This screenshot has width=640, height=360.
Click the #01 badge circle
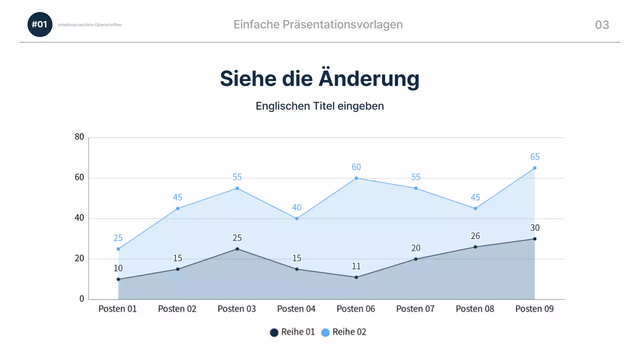[x=39, y=24]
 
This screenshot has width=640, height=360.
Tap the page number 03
[x=601, y=25]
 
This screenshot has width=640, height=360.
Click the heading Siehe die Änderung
[x=319, y=78]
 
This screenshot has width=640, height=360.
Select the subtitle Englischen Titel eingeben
[x=319, y=106]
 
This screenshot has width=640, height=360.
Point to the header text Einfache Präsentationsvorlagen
[x=318, y=24]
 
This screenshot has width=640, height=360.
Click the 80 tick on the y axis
[x=79, y=137]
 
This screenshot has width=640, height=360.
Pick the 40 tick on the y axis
[x=79, y=218]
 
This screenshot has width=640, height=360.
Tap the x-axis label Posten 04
[x=296, y=309]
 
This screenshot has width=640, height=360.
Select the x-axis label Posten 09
[x=534, y=309]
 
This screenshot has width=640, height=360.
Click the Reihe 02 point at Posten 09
[x=534, y=168]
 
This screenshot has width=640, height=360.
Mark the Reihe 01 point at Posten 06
[x=356, y=277]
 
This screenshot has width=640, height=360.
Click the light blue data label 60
[x=356, y=167]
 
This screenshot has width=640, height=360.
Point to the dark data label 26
[x=475, y=236]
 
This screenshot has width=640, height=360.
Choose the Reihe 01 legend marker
[x=274, y=332]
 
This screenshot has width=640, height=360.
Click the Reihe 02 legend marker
[x=325, y=332]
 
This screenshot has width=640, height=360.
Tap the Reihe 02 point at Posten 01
[x=118, y=249]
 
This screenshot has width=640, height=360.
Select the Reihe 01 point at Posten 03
[x=237, y=249]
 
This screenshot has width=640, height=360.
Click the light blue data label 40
[x=296, y=207]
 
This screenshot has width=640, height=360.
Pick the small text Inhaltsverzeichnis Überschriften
[x=90, y=24]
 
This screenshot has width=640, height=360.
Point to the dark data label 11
[x=356, y=266]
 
